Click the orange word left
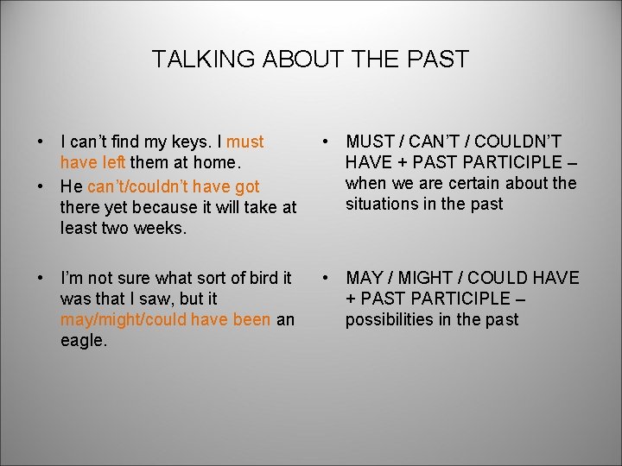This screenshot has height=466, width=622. pyautogui.click(x=112, y=162)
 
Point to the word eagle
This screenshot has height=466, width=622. pyautogui.click(x=83, y=340)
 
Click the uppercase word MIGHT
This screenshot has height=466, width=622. pyautogui.click(x=433, y=278)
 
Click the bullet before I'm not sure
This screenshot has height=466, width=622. pyautogui.click(x=41, y=278)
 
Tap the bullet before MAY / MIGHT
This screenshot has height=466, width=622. pyautogui.click(x=326, y=278)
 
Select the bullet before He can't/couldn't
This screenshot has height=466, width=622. pyautogui.click(x=41, y=186)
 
